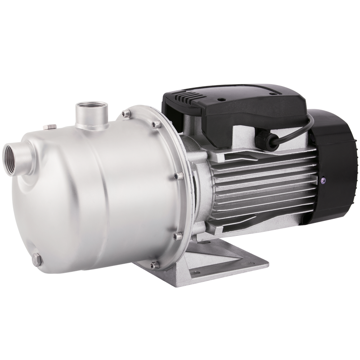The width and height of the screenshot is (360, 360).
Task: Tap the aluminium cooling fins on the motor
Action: point(261,189)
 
